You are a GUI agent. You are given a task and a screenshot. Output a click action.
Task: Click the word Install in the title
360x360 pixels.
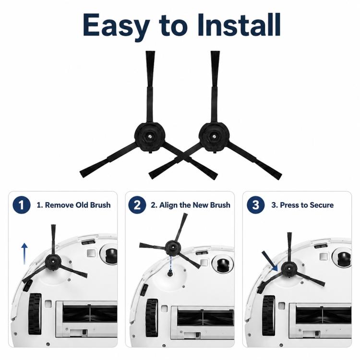tap(239, 25)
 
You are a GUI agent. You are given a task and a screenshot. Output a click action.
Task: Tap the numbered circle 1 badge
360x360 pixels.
tap(22, 205)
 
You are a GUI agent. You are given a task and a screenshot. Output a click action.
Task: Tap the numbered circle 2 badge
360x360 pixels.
tap(137, 205)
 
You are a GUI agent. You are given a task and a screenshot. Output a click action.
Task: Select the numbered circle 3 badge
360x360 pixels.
tap(256, 205)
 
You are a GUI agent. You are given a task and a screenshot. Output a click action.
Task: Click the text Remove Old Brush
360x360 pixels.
tap(77, 205)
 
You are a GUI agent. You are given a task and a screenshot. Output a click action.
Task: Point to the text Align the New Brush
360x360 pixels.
tap(195, 205)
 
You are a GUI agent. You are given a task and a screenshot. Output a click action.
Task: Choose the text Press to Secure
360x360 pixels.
tap(307, 205)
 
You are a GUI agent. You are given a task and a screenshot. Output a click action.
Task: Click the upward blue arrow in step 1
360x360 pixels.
tap(24, 254)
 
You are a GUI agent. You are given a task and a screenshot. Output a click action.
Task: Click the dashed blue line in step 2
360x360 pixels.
tap(170, 263)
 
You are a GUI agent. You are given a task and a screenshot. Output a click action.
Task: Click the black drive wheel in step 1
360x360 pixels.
tap(35, 313)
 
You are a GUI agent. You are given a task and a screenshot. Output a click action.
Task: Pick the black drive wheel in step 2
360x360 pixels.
tap(152, 319)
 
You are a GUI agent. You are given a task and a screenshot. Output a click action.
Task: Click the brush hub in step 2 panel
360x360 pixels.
tap(173, 248)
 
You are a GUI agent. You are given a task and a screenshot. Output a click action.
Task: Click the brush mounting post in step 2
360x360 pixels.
tap(170, 273)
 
